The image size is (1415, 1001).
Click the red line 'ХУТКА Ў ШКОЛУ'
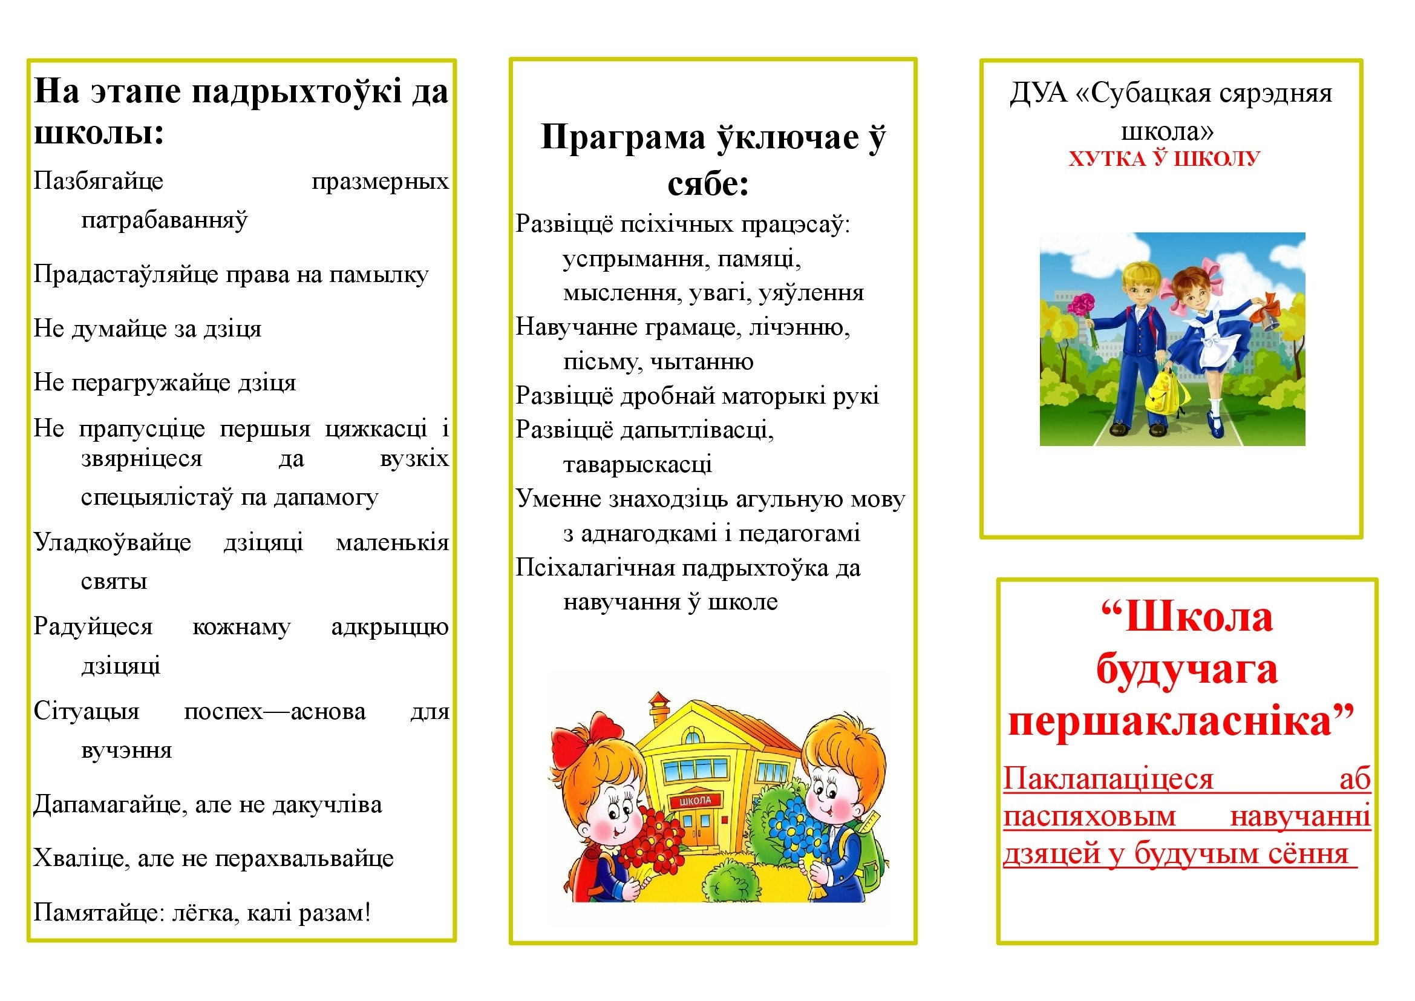click(1164, 159)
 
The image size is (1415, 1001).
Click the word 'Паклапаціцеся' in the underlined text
click(1108, 778)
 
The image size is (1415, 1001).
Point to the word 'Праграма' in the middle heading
click(623, 137)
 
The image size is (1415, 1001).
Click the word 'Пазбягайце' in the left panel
click(99, 181)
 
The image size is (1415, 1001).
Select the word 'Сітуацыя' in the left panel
click(87, 711)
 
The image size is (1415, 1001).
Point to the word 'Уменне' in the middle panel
click(558, 499)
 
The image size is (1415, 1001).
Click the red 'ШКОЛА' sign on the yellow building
click(695, 801)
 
